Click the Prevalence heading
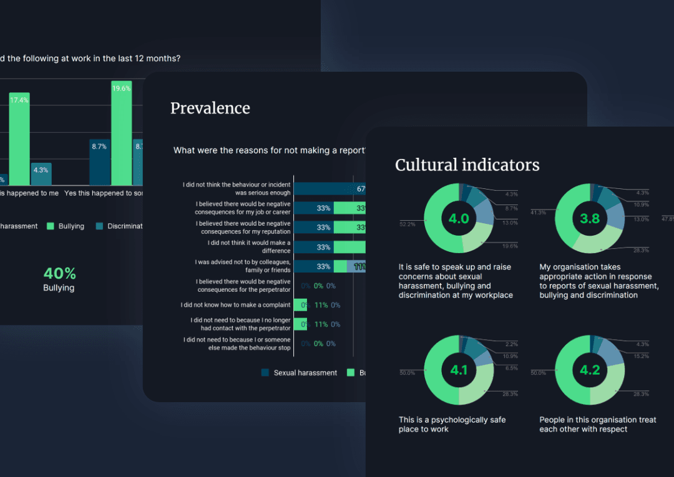click(210, 108)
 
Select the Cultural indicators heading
click(467, 165)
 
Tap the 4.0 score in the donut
click(459, 218)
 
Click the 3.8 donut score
click(590, 218)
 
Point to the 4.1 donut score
click(459, 370)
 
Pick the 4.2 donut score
click(590, 370)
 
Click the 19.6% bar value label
click(121, 89)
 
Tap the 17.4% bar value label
click(19, 100)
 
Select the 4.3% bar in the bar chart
click(41, 174)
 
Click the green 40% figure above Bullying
click(59, 273)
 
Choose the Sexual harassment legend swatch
click(265, 373)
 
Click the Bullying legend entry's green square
click(51, 226)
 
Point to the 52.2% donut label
click(407, 224)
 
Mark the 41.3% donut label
click(539, 213)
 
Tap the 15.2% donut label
click(641, 357)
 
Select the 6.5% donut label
click(510, 369)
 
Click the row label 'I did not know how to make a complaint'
click(236, 305)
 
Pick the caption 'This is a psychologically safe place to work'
click(452, 424)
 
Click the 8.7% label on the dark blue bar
click(99, 147)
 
